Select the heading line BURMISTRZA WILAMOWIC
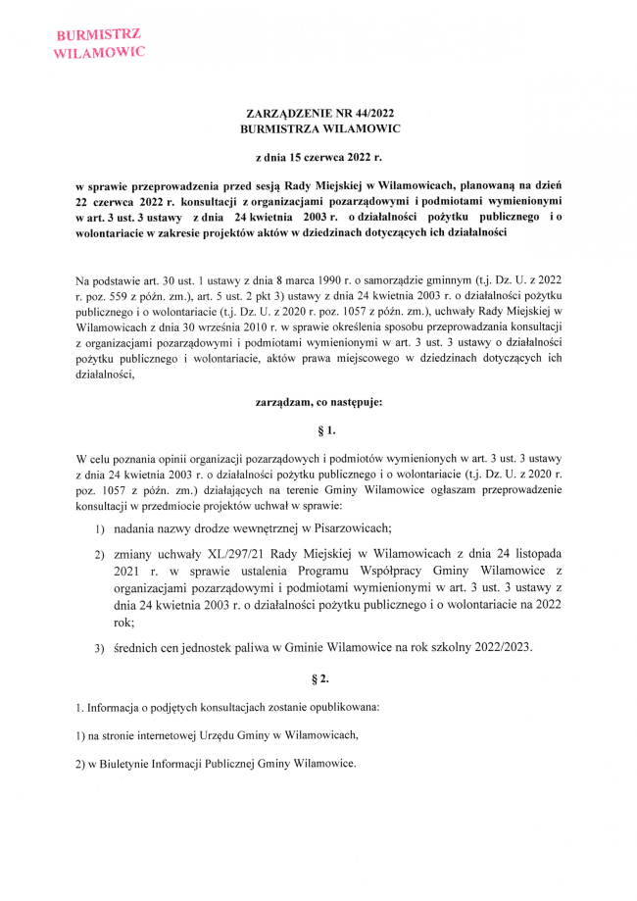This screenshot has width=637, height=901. (x=319, y=128)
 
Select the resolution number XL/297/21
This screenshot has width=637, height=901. (x=223, y=556)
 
